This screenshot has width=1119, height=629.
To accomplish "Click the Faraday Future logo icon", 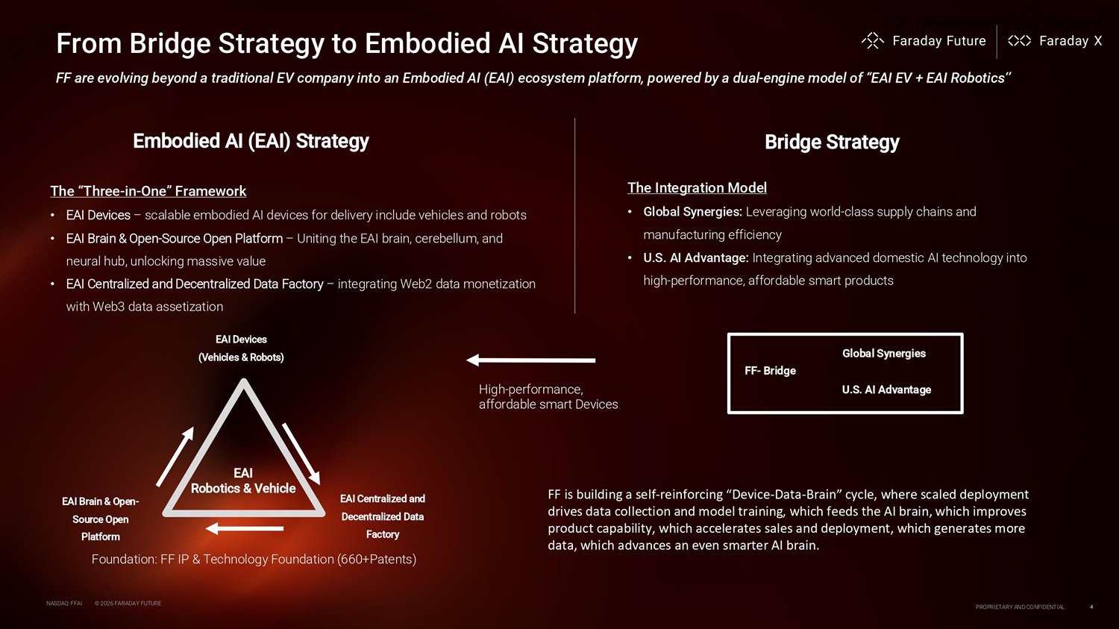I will pos(872,41).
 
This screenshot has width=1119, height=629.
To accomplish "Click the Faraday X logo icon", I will pos(1019,41).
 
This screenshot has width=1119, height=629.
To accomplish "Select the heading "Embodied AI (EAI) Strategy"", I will pos(251,141).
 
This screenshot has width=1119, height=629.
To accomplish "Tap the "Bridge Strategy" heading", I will pos(832,142).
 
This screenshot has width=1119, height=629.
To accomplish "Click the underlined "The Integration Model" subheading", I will pos(697,188).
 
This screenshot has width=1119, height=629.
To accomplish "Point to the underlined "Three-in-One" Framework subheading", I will pos(148,191).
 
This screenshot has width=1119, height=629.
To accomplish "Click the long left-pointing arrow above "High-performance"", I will pos(530,360).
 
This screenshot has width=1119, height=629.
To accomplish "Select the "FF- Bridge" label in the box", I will pos(770,371).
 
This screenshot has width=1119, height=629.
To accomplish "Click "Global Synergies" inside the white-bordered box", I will pos(883,354).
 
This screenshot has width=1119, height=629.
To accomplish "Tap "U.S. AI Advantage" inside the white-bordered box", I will pos(886,389).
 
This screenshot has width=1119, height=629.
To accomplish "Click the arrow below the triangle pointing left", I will pos(244,528).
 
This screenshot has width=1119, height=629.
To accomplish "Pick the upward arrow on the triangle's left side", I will pos(175,456).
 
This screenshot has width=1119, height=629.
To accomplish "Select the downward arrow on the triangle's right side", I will pos(301,454).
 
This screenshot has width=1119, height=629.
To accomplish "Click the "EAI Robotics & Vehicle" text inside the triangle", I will pos(243,481).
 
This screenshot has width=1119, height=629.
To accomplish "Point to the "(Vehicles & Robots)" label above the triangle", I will pos(241,357).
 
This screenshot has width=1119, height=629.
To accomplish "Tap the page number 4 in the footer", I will pos(1091,607).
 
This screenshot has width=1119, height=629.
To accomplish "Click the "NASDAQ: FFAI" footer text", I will pos(64,603).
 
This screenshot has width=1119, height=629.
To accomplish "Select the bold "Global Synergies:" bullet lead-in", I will pos(692,212).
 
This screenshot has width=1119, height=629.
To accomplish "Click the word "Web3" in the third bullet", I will pos(108,307).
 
